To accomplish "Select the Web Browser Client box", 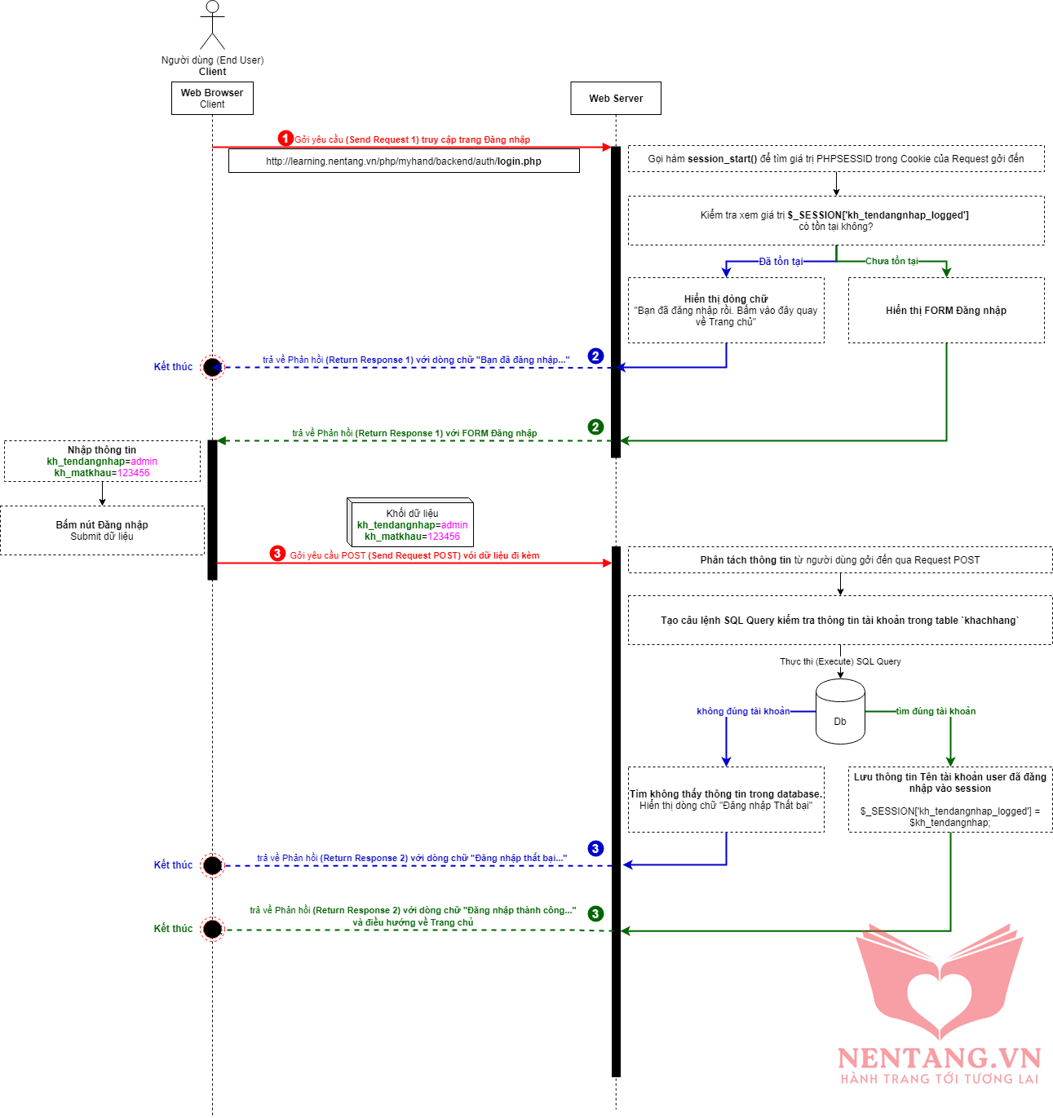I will click(x=212, y=98).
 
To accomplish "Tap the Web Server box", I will click(x=616, y=98).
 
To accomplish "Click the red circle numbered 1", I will click(x=285, y=139).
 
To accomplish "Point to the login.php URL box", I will click(x=404, y=161).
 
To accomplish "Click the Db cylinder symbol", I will click(x=840, y=712).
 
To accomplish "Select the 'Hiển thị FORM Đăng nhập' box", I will click(x=946, y=310).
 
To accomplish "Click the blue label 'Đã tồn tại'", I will click(x=781, y=262).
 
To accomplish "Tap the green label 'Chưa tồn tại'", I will click(x=892, y=261).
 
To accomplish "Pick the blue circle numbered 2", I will click(x=595, y=356).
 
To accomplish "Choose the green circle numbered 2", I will click(x=595, y=426).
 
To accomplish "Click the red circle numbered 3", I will click(x=277, y=554).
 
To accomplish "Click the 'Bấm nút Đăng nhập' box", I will click(x=102, y=530).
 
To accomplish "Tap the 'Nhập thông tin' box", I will click(x=102, y=461).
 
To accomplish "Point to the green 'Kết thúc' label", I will click(x=173, y=928).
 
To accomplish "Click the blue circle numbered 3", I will click(x=595, y=848).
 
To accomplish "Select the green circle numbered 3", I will click(x=595, y=913).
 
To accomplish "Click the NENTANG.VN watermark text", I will click(x=939, y=1058).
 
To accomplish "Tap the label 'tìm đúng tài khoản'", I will click(x=936, y=711).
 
